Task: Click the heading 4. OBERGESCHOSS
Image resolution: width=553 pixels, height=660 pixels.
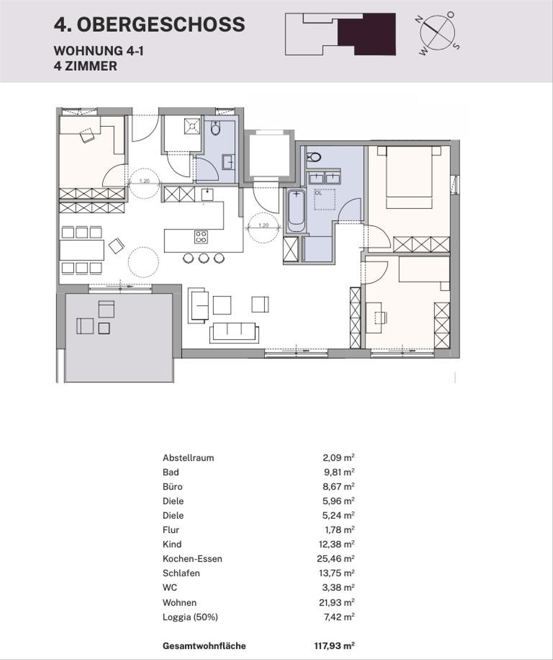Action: coord(149,24)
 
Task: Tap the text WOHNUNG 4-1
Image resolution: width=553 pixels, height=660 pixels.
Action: coord(99,51)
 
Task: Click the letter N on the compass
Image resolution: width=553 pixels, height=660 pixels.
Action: coord(419,19)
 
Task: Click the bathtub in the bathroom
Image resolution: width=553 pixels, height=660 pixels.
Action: coord(296,211)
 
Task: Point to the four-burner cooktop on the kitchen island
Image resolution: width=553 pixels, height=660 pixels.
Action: coord(201,237)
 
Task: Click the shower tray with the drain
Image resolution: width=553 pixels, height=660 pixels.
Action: coord(192,126)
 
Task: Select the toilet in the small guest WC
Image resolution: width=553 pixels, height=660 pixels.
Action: coord(216,128)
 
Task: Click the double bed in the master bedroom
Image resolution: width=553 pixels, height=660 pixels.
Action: coord(409,177)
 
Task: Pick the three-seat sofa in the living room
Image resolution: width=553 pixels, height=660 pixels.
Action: coord(234,332)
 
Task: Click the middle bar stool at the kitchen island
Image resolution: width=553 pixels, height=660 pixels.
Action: coord(204,258)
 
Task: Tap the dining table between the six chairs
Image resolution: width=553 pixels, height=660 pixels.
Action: coord(82,250)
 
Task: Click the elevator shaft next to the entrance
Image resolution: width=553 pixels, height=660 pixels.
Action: coord(269,156)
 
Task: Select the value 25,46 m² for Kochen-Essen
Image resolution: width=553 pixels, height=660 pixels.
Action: coord(335,559)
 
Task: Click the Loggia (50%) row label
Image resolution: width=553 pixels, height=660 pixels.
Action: coord(190,617)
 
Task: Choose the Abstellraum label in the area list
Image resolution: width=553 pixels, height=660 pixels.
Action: coord(188,458)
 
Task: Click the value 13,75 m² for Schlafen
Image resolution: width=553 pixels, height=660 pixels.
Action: coord(336,573)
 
